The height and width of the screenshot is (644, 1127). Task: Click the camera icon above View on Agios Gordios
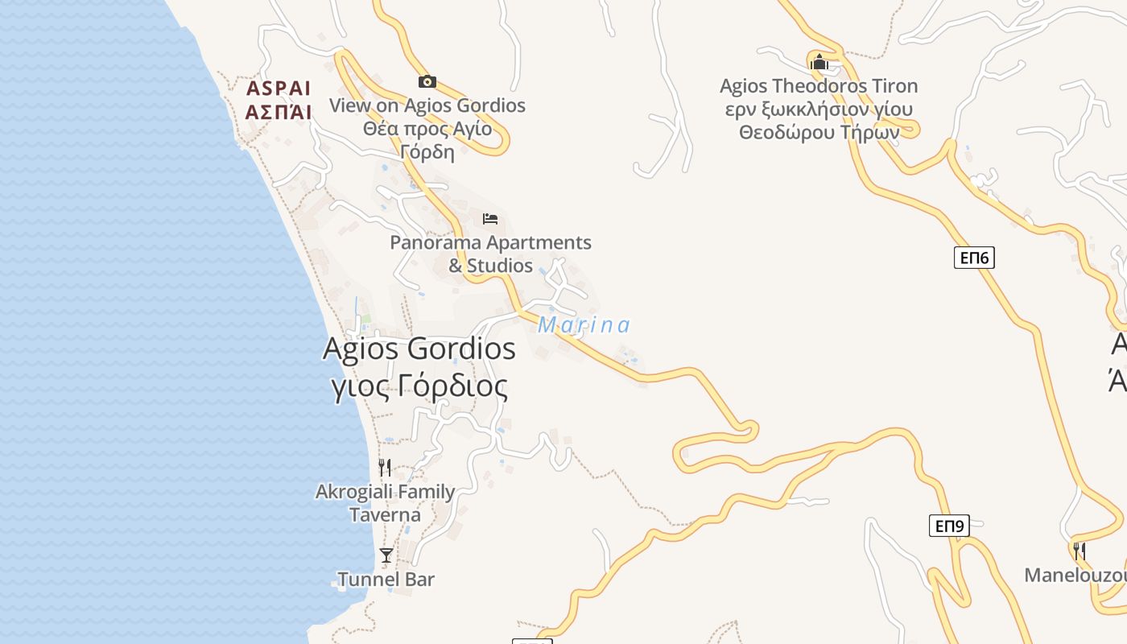pyautogui.click(x=427, y=81)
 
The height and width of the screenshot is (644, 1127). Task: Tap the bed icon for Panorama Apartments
pyautogui.click(x=490, y=219)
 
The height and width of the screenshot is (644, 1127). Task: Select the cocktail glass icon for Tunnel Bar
pyautogui.click(x=386, y=555)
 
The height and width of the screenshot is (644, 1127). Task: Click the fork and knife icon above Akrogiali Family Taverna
pyautogui.click(x=385, y=467)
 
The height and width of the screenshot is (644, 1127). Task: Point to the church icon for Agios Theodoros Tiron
pyautogui.click(x=819, y=62)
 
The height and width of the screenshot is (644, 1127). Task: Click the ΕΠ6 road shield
pyautogui.click(x=974, y=258)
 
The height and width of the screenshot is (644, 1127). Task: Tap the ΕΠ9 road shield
pyautogui.click(x=949, y=526)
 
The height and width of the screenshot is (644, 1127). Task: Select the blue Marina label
pyautogui.click(x=584, y=325)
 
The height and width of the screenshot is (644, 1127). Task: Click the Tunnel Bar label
pyautogui.click(x=386, y=579)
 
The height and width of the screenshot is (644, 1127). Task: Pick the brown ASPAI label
pyautogui.click(x=279, y=89)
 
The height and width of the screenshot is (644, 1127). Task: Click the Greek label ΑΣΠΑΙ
pyautogui.click(x=279, y=112)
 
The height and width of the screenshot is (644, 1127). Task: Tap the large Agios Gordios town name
pyautogui.click(x=419, y=349)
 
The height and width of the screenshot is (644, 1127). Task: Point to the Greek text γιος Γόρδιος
pyautogui.click(x=419, y=387)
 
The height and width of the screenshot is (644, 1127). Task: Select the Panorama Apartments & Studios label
pyautogui.click(x=490, y=254)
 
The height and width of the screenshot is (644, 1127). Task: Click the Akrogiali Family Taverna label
pyautogui.click(x=385, y=502)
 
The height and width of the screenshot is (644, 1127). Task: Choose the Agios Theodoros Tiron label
pyautogui.click(x=819, y=86)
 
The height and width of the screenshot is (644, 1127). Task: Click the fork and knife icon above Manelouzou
pyautogui.click(x=1080, y=551)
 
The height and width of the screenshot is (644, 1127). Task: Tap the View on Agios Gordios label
pyautogui.click(x=427, y=105)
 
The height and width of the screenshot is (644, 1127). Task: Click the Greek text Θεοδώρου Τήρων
pyautogui.click(x=819, y=133)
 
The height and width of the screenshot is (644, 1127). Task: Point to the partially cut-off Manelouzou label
pyautogui.click(x=1075, y=576)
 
